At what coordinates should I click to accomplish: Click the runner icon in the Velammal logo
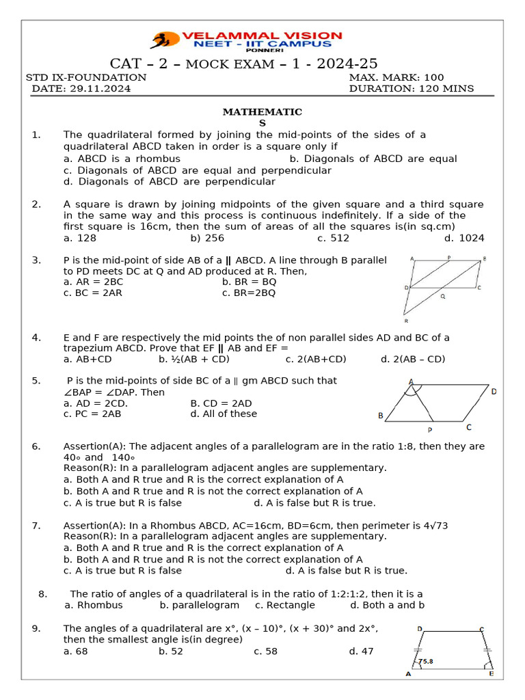point(163,40)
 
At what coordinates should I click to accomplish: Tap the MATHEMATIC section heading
point(262,112)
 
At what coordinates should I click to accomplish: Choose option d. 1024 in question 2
point(464,238)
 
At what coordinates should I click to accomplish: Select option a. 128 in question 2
point(80,238)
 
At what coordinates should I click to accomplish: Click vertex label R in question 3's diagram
point(406,320)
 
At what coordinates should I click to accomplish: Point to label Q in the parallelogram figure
point(442,297)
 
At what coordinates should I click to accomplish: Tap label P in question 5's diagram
point(429,430)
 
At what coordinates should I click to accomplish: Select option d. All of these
point(224,414)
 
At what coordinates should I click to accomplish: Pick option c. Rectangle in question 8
point(285,605)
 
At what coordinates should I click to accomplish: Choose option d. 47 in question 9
point(361,651)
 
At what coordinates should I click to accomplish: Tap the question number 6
point(36,446)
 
